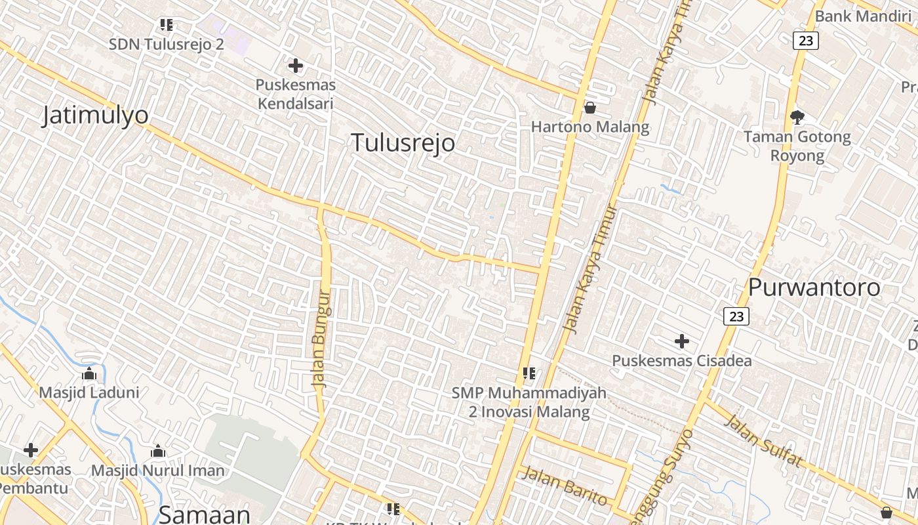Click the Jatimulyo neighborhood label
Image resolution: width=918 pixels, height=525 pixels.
[95, 115]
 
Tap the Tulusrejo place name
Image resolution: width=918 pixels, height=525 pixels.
[403, 142]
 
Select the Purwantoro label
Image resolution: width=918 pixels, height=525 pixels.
[814, 287]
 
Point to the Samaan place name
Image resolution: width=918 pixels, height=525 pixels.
[205, 514]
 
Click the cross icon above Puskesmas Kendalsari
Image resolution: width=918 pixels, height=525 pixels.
[296, 66]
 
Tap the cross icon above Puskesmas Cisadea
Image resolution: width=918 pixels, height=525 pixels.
[682, 341]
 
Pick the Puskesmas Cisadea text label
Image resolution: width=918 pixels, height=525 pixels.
[682, 360]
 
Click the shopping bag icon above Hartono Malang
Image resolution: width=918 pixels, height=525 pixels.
[590, 108]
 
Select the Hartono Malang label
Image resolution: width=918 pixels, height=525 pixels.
[590, 127]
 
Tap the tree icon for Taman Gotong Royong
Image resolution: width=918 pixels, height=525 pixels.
[797, 117]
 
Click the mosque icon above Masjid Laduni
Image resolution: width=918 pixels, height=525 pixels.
[89, 374]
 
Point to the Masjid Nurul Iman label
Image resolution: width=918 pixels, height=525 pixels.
[157, 471]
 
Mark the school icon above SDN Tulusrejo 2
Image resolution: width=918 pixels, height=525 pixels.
[167, 25]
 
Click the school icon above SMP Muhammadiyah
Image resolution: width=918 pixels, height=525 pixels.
[529, 373]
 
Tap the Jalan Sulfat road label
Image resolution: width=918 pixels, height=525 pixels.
[763, 441]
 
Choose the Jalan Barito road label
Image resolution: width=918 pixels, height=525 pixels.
[565, 486]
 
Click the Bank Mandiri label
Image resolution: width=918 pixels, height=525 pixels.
[870, 16]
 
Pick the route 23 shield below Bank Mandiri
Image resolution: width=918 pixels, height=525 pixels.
[806, 41]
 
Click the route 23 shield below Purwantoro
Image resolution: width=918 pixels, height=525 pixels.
[736, 316]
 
